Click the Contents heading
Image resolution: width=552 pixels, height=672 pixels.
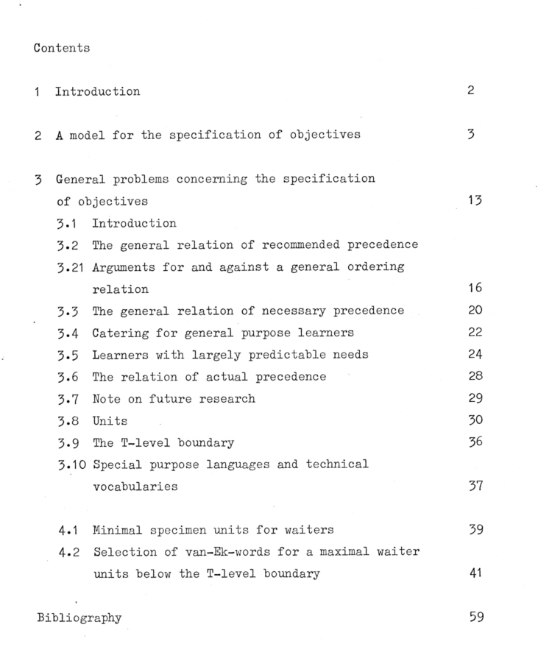[62, 48]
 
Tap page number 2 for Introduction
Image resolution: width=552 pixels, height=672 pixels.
[472, 91]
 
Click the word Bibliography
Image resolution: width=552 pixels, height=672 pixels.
[79, 618]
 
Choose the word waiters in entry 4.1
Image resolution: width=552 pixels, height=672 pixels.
[302, 530]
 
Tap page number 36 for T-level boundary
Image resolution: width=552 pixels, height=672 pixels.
[475, 442]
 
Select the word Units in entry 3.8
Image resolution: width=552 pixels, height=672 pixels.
[110, 421]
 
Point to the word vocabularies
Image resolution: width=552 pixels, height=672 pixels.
[135, 487]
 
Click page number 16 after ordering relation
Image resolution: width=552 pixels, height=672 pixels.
[475, 289]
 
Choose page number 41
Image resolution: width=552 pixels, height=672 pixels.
[475, 574]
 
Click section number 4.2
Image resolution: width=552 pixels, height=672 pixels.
[68, 552]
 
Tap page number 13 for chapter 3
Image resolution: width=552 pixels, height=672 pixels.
[475, 201]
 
